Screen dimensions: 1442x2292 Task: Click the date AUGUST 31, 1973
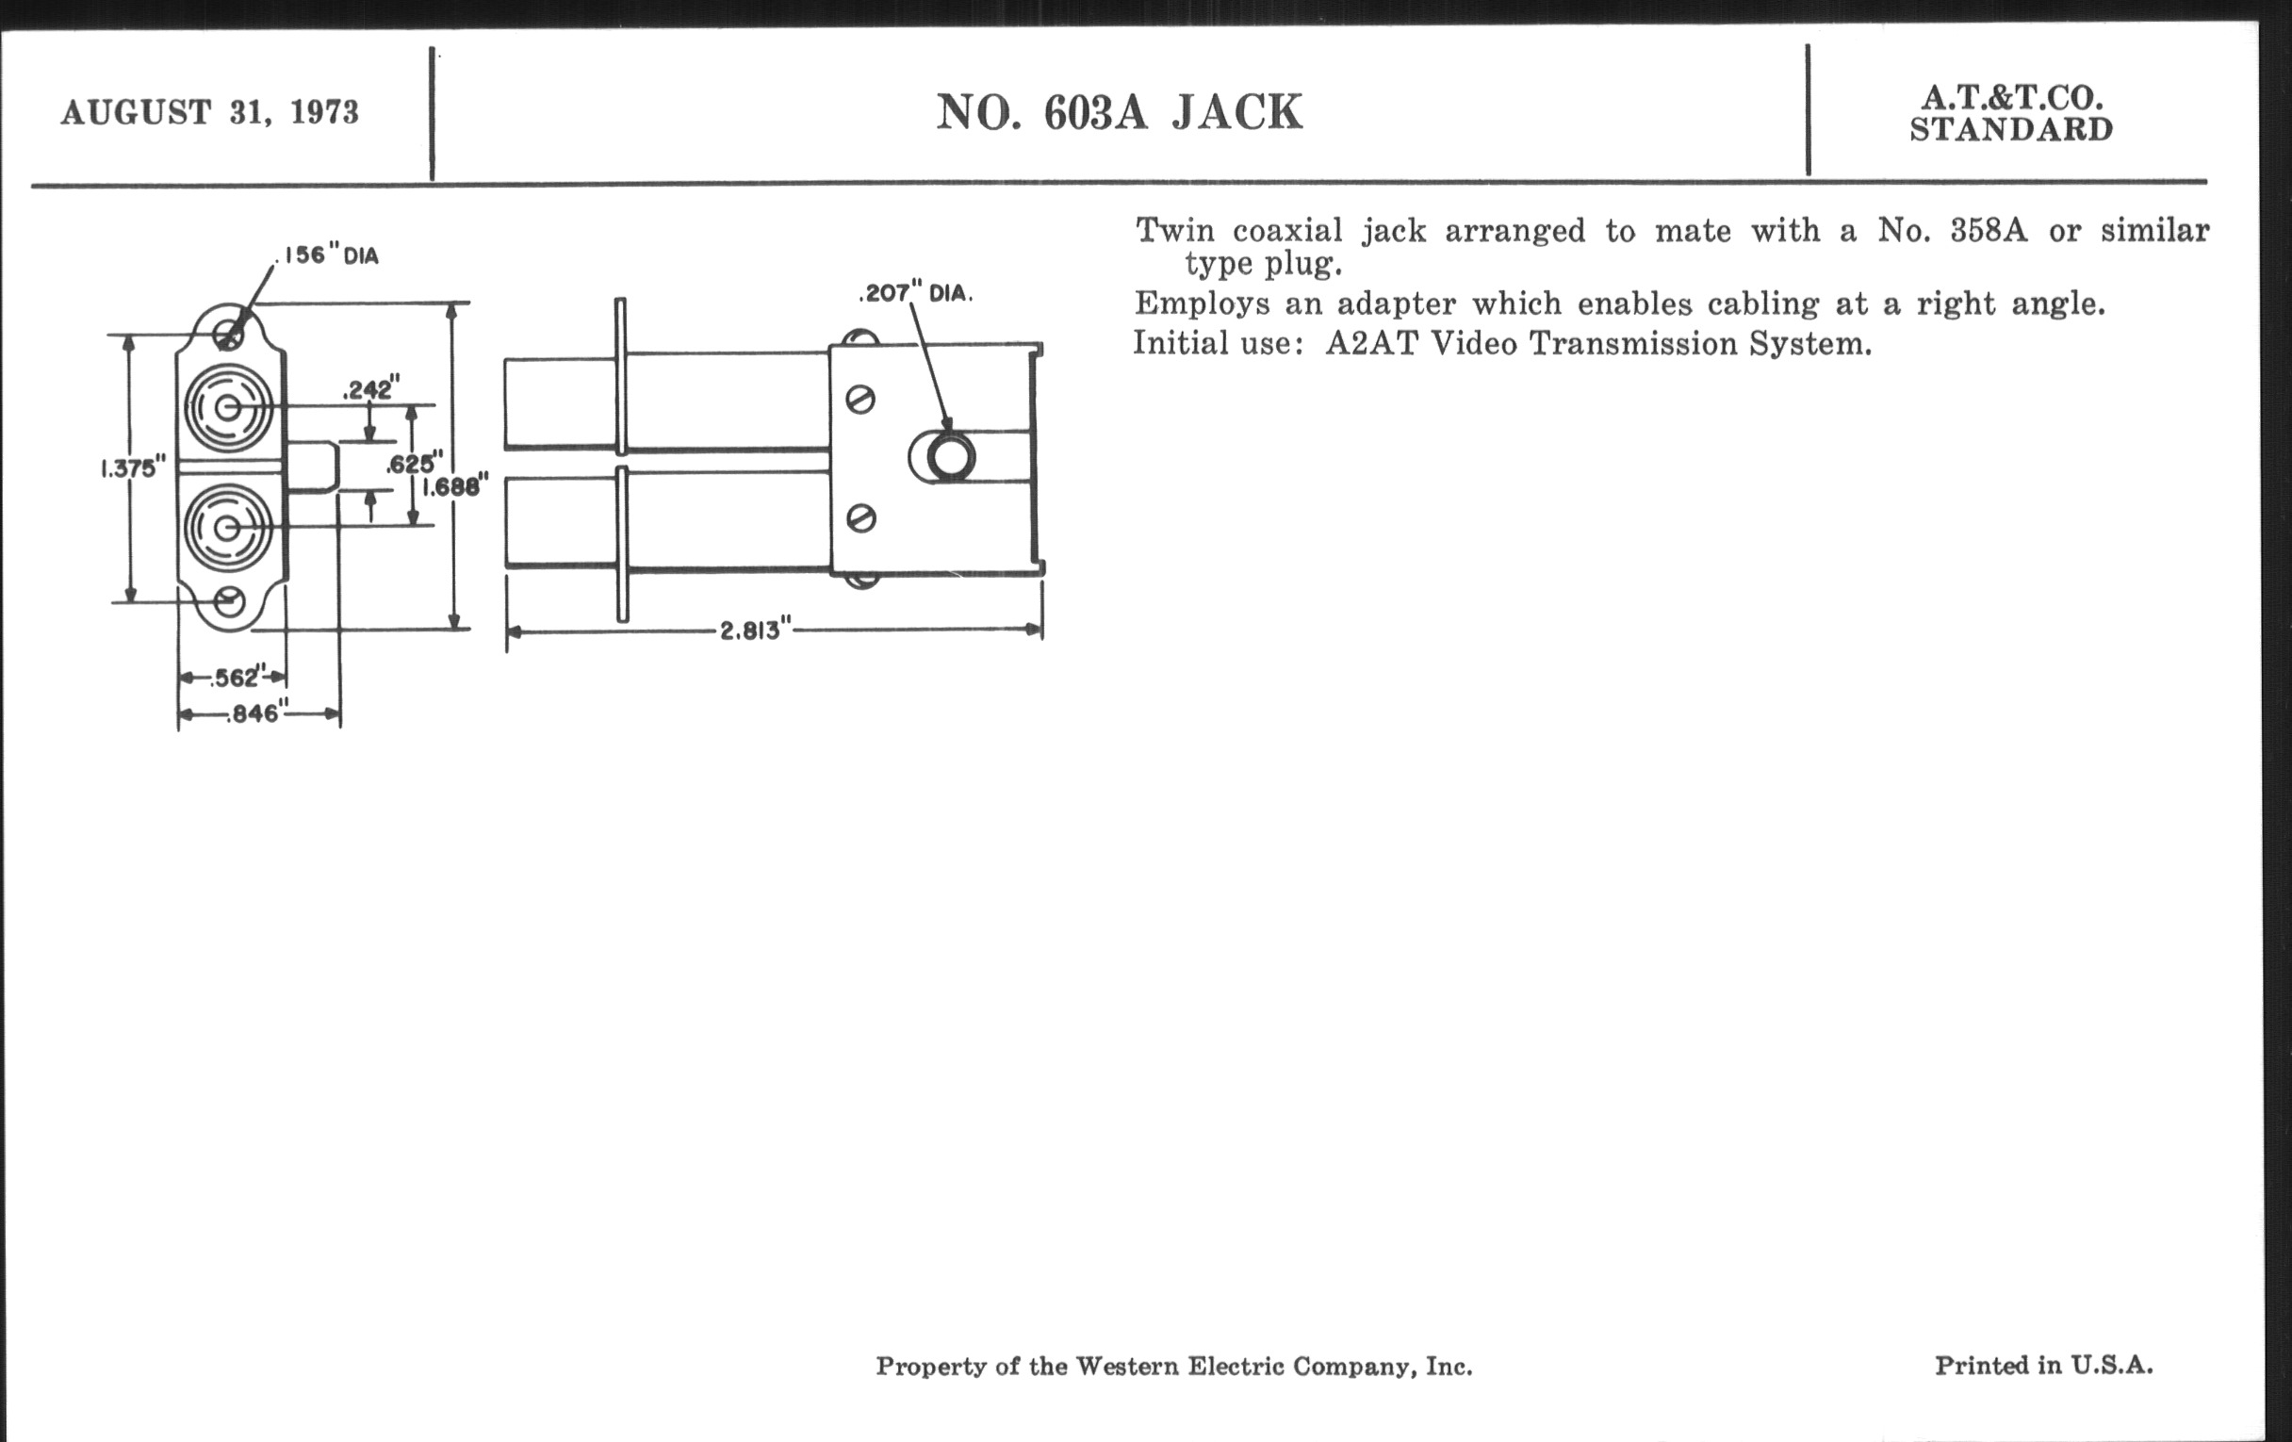(209, 112)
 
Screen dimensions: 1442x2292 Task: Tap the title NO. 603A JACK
(1120, 112)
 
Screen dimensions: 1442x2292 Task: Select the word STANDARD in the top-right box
(2011, 129)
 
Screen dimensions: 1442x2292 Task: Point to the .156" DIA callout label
(327, 255)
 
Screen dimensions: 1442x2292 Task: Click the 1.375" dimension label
(133, 468)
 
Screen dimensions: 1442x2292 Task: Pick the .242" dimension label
(371, 389)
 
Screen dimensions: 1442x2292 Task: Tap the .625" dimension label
(414, 465)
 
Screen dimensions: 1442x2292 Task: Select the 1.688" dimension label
(456, 486)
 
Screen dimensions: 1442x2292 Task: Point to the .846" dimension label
(253, 713)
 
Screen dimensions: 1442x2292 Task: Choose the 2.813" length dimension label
(755, 631)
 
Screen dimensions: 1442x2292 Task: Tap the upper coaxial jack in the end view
(227, 408)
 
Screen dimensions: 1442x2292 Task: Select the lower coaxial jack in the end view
(227, 528)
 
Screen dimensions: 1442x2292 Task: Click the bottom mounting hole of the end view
(228, 601)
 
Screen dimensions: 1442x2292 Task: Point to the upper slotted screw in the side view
(860, 400)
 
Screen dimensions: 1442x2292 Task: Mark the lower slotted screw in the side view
(860, 518)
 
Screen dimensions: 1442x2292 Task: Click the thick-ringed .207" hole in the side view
(949, 457)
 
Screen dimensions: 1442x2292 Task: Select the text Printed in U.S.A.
(2043, 1366)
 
